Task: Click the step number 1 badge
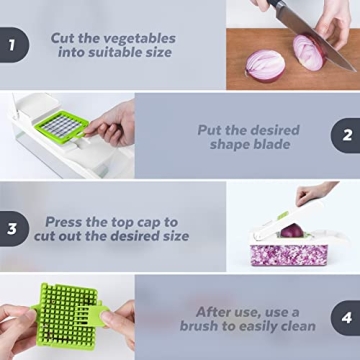[x=11, y=45]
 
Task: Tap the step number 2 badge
[x=347, y=135]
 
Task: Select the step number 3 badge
[x=11, y=228]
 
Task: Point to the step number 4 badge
[x=347, y=319]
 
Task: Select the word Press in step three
[x=65, y=221]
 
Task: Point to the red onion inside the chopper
[x=291, y=231]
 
